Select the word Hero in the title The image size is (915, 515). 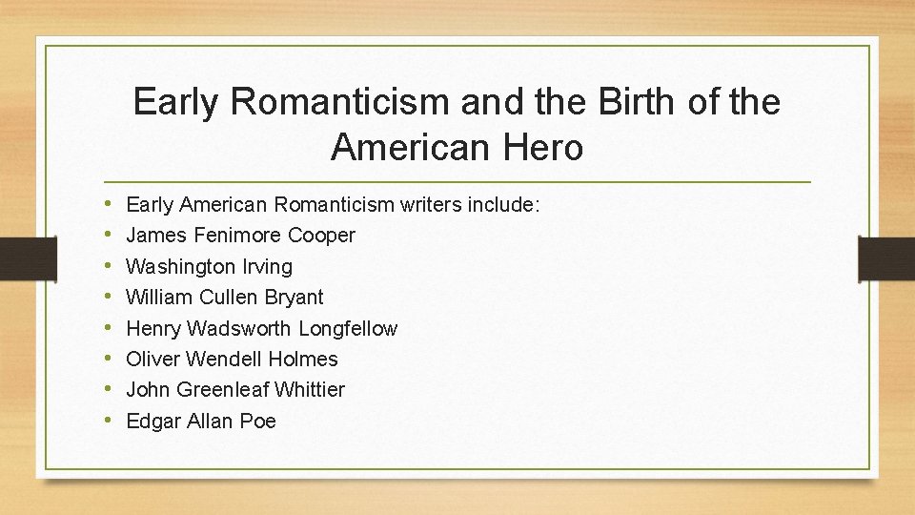click(543, 148)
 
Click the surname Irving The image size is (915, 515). click(264, 266)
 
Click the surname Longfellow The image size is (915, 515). click(348, 328)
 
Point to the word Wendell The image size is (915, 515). click(224, 359)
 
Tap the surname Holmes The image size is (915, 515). click(303, 359)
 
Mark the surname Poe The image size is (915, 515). click(258, 421)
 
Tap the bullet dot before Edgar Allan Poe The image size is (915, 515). click(111, 421)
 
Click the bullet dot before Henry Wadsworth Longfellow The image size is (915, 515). click(111, 328)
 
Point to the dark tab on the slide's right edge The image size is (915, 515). click(885, 257)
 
